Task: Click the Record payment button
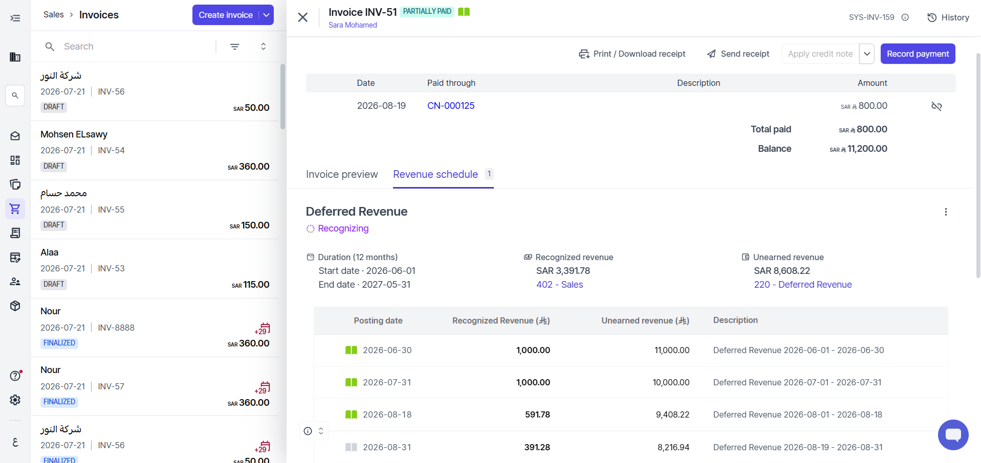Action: (x=918, y=54)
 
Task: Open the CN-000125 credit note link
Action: (x=451, y=106)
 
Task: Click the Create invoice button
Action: (x=226, y=15)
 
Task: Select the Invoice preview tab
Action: (x=342, y=174)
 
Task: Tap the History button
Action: (x=948, y=17)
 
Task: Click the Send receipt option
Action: (x=738, y=54)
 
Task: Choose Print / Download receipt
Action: (x=632, y=54)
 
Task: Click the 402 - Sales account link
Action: (x=560, y=285)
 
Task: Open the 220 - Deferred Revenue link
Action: (x=803, y=285)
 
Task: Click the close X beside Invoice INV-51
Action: (x=303, y=17)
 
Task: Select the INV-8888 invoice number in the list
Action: (x=116, y=328)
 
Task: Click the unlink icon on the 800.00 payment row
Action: (x=936, y=106)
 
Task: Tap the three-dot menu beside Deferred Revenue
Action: (x=946, y=212)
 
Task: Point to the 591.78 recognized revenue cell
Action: (x=537, y=414)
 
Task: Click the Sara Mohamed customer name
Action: (x=353, y=25)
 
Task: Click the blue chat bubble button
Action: (x=953, y=435)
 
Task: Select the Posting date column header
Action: (x=378, y=320)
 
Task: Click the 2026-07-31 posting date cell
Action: (x=387, y=382)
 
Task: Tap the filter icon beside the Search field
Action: (x=235, y=47)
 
